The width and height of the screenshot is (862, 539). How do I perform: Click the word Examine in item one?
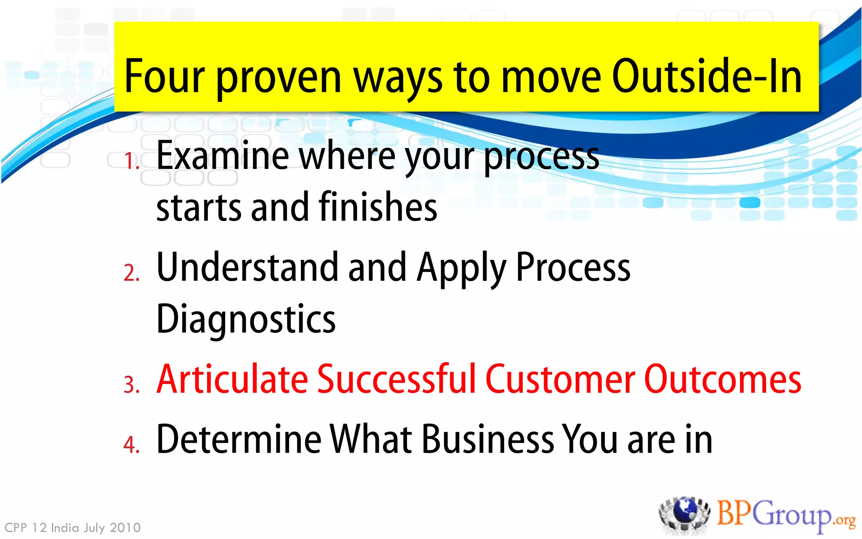[x=222, y=156]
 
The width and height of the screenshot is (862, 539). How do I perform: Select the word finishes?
[x=378, y=207]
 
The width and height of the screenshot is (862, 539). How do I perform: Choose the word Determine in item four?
[x=238, y=440]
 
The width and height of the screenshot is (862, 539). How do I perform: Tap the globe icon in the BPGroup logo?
[x=685, y=512]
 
